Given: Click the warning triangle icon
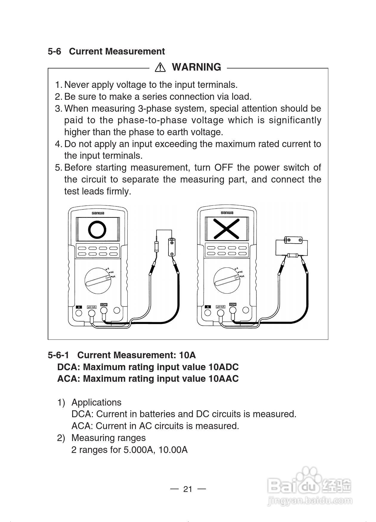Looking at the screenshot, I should click(x=160, y=68).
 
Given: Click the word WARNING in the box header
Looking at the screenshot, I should click(x=196, y=67).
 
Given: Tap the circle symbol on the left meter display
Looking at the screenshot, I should click(x=97, y=229).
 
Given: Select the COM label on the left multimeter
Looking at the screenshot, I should click(x=103, y=305).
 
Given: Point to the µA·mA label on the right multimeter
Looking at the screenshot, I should click(x=221, y=307).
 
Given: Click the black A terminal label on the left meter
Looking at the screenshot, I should click(x=79, y=307).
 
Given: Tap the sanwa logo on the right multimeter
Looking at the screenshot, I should click(x=227, y=213).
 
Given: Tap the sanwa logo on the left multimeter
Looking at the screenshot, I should click(x=98, y=213).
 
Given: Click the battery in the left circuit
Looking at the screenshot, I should click(x=171, y=247).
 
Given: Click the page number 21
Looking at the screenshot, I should click(x=188, y=489).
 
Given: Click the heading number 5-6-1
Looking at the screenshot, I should click(x=58, y=355).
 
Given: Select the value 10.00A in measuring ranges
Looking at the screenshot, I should click(x=173, y=450).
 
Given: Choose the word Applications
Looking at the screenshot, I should click(x=96, y=402).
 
